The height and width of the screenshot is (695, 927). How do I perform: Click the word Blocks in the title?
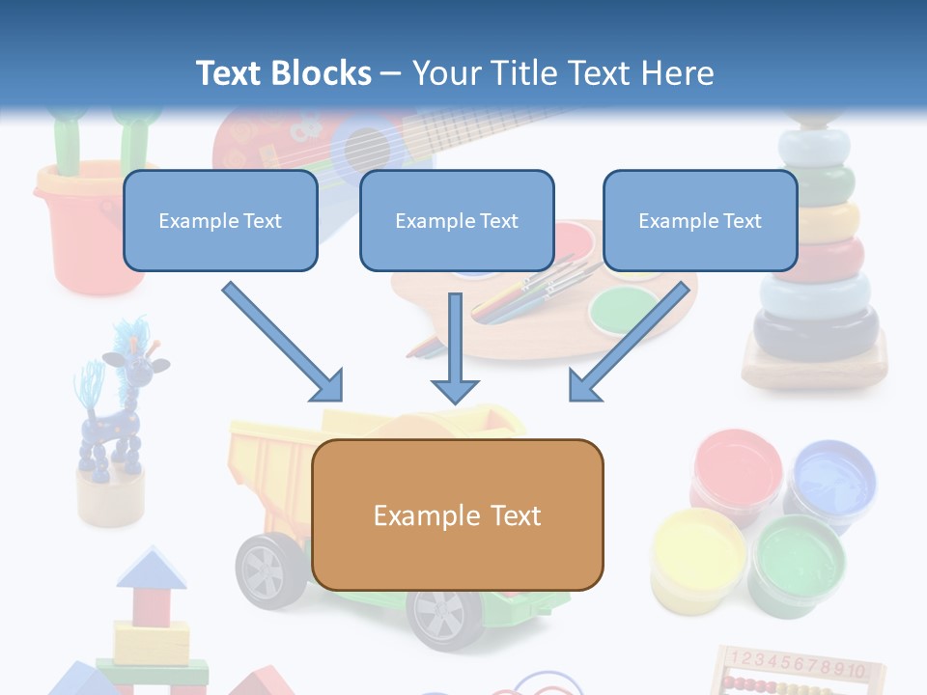tap(323, 73)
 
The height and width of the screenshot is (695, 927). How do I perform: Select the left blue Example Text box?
tap(220, 220)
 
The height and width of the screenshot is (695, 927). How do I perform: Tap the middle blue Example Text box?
tap(457, 220)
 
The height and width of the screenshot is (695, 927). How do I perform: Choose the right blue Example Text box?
tap(700, 220)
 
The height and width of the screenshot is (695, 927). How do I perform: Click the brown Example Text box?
tap(457, 514)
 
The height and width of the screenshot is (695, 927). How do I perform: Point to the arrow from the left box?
tap(282, 342)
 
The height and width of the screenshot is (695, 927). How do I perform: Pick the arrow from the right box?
tap(632, 342)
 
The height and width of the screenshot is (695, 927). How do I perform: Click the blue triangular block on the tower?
tap(151, 569)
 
